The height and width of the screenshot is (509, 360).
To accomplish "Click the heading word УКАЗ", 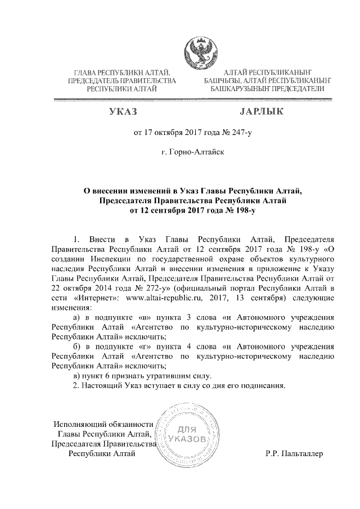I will click(x=123, y=113).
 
